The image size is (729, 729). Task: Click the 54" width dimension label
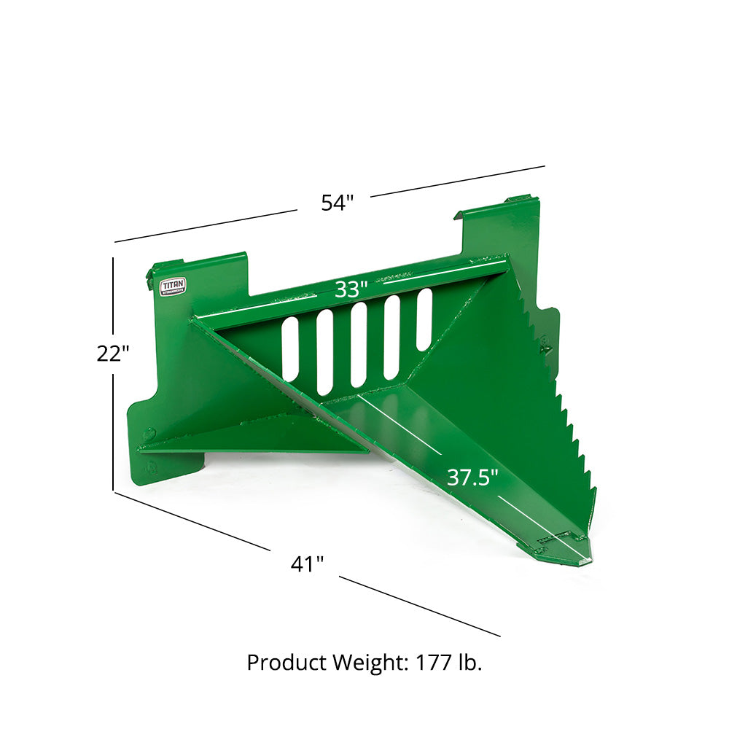337,203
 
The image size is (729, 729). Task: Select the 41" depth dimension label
307,564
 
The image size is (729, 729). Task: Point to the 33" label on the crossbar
351,289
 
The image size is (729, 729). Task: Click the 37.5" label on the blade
472,477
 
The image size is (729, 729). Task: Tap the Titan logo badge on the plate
173,286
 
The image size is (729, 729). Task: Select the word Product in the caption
286,663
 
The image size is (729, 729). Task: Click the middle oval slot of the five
359,344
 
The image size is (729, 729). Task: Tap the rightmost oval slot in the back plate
424,319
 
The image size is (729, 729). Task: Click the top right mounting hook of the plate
519,199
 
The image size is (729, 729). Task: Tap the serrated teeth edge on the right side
565,408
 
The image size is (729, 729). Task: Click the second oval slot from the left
324,351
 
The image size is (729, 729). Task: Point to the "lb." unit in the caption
469,663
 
